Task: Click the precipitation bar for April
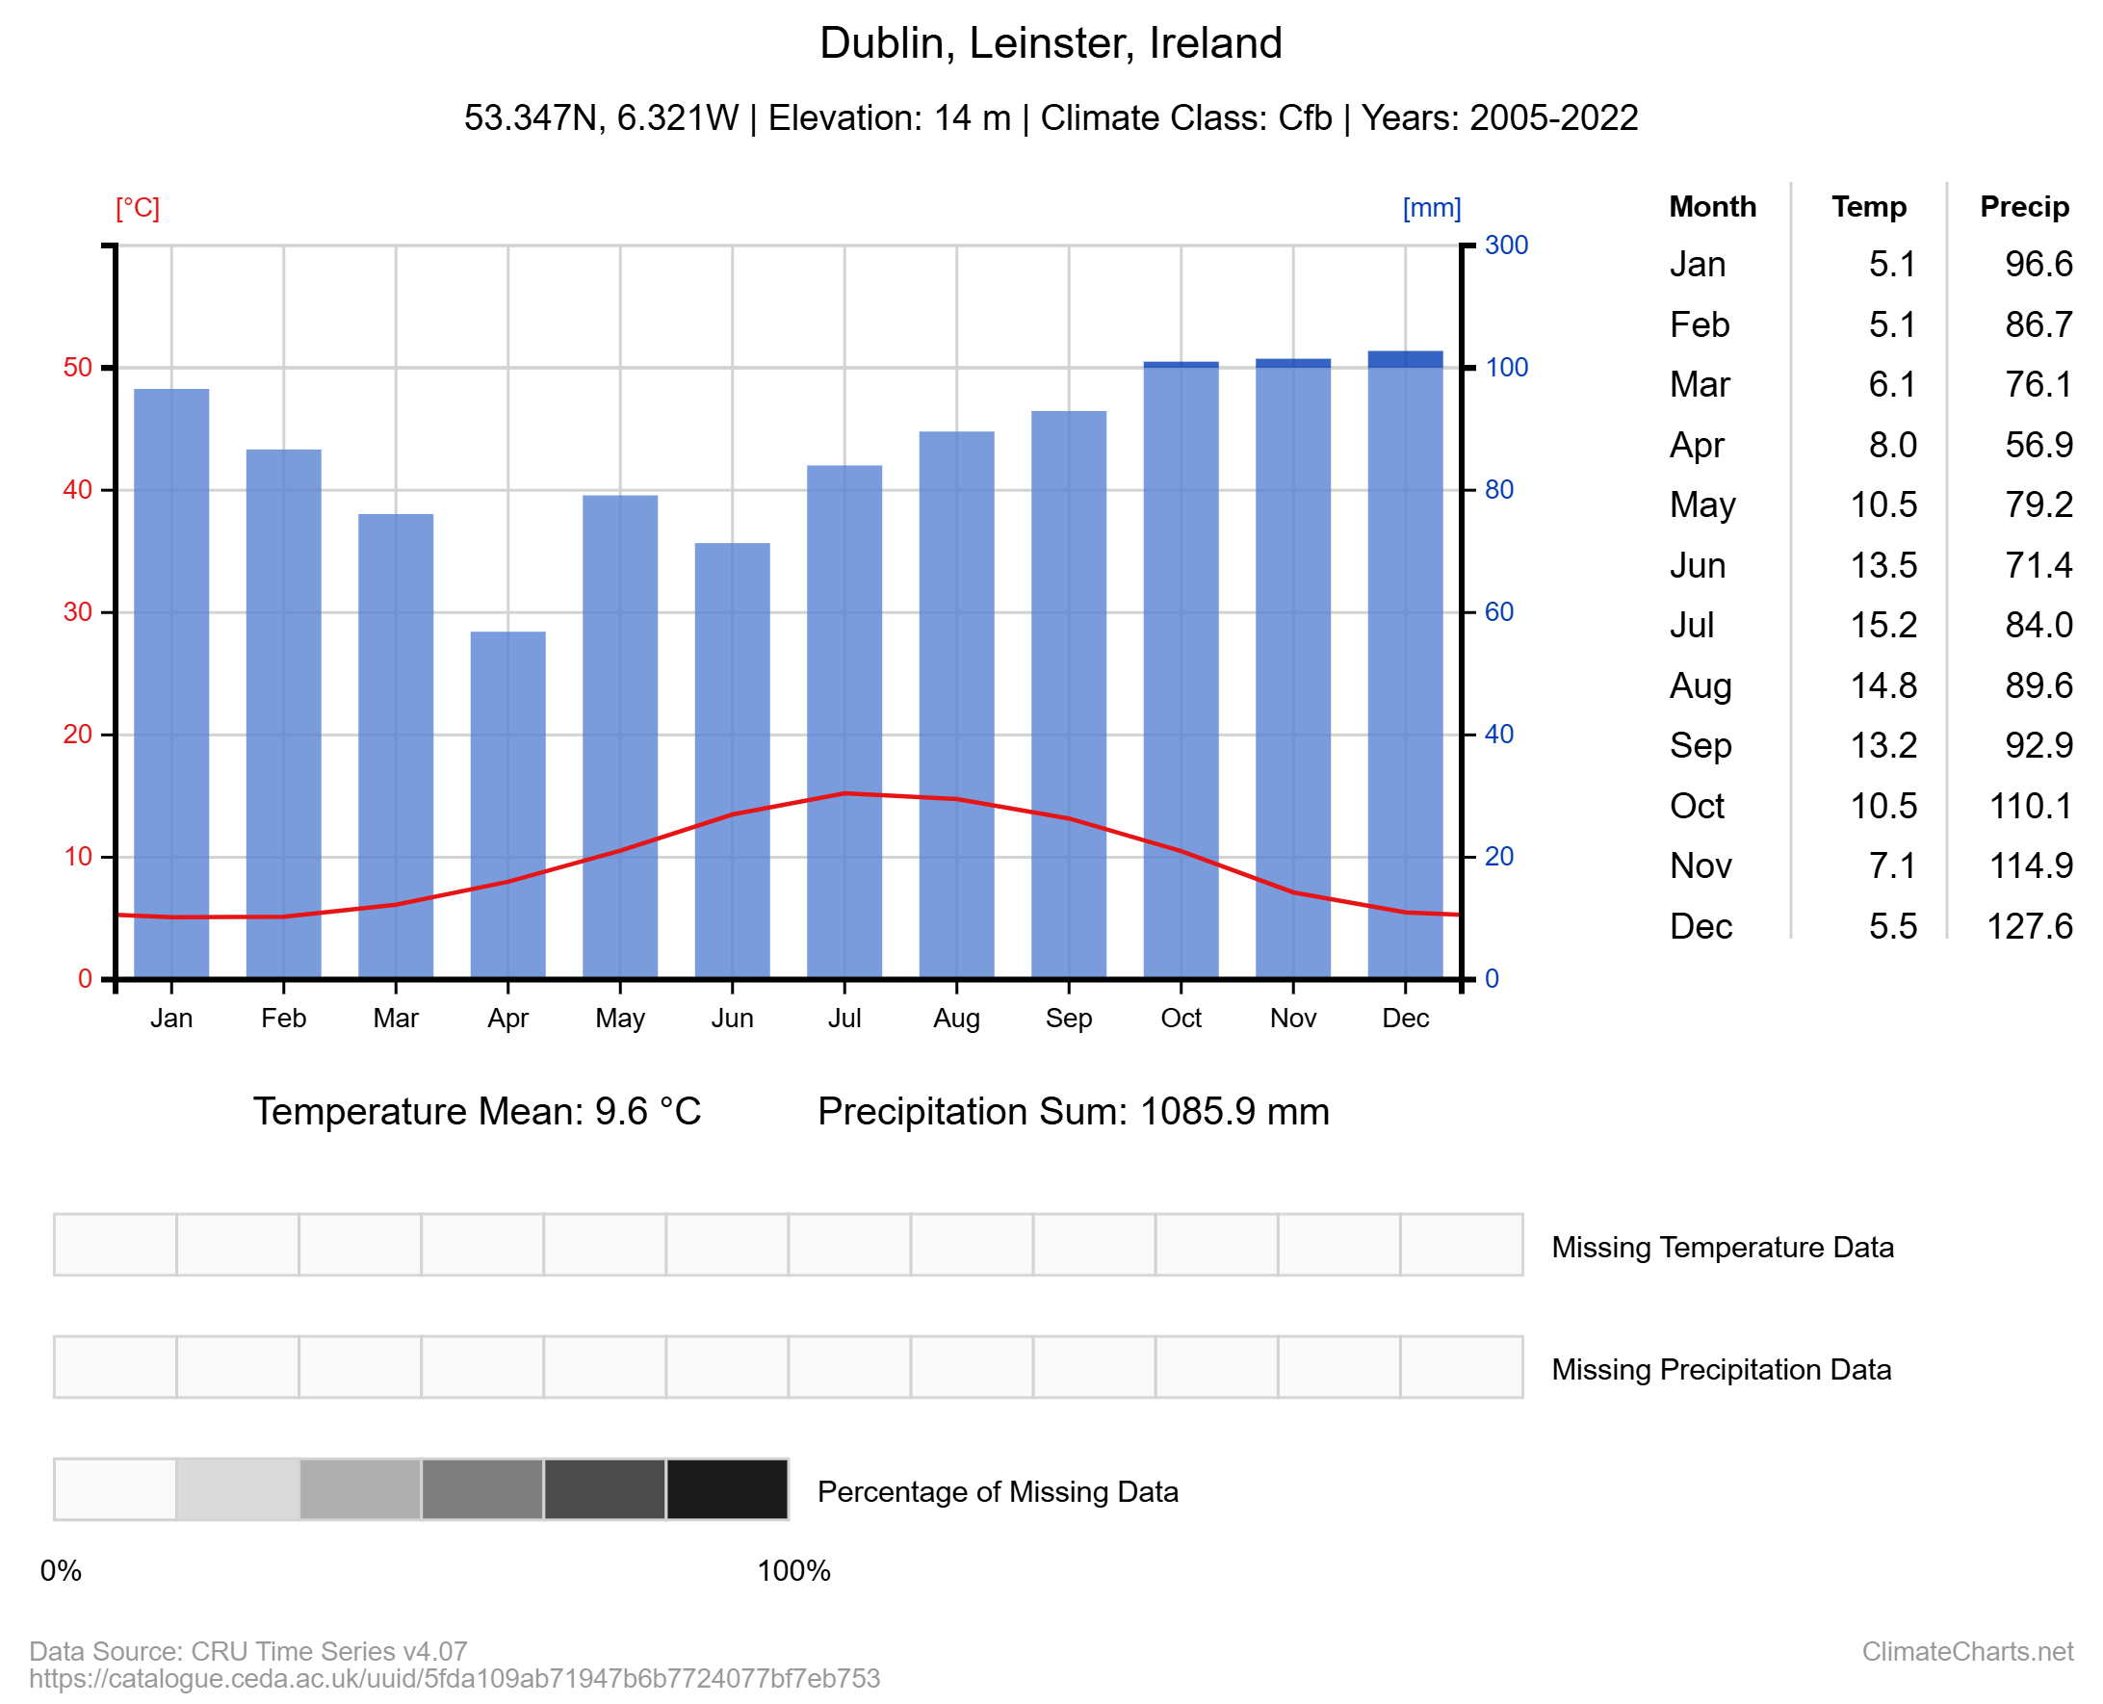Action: (507, 805)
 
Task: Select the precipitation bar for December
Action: (1405, 667)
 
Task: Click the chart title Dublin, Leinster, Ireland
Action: (1051, 43)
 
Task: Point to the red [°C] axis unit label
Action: (138, 208)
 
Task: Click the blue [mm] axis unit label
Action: (1432, 208)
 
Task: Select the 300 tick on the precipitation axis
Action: (1506, 245)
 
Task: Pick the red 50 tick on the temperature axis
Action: (78, 368)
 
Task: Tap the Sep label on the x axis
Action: (1068, 1019)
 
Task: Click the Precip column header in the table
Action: (2023, 207)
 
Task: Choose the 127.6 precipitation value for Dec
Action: (2029, 926)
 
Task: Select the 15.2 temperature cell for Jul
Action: (1883, 625)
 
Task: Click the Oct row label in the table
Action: (1697, 806)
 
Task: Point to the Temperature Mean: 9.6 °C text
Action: (478, 1112)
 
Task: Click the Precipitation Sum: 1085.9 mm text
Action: (1073, 1112)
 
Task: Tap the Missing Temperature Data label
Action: (1722, 1248)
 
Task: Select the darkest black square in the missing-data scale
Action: (727, 1490)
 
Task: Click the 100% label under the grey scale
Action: (793, 1571)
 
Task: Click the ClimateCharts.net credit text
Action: (1966, 1652)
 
